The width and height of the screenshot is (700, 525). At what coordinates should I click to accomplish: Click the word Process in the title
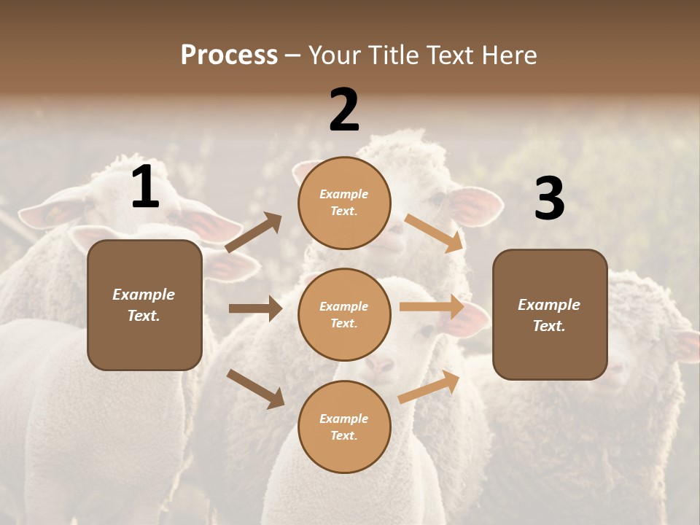click(229, 55)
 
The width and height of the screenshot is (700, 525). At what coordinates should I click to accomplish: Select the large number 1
click(145, 187)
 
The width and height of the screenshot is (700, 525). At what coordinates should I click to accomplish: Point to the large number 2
click(344, 110)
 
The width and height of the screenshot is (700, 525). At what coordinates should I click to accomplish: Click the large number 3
click(549, 199)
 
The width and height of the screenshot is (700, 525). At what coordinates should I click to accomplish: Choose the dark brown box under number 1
click(144, 305)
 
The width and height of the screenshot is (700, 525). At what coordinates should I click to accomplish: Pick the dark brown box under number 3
click(550, 314)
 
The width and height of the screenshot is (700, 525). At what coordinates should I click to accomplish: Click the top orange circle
click(344, 203)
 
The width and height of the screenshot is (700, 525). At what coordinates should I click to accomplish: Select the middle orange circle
click(344, 314)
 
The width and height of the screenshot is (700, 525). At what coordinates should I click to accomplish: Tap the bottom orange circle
click(344, 427)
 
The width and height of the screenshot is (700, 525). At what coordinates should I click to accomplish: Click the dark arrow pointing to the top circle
click(254, 233)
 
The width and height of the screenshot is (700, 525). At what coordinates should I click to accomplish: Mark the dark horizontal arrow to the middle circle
click(255, 308)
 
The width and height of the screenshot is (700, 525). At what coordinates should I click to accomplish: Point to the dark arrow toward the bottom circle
click(255, 388)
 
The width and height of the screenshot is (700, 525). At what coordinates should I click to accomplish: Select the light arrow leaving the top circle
click(434, 233)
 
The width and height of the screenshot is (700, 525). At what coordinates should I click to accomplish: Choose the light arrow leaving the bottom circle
click(429, 386)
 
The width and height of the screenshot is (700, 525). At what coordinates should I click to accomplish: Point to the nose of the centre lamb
click(378, 365)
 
